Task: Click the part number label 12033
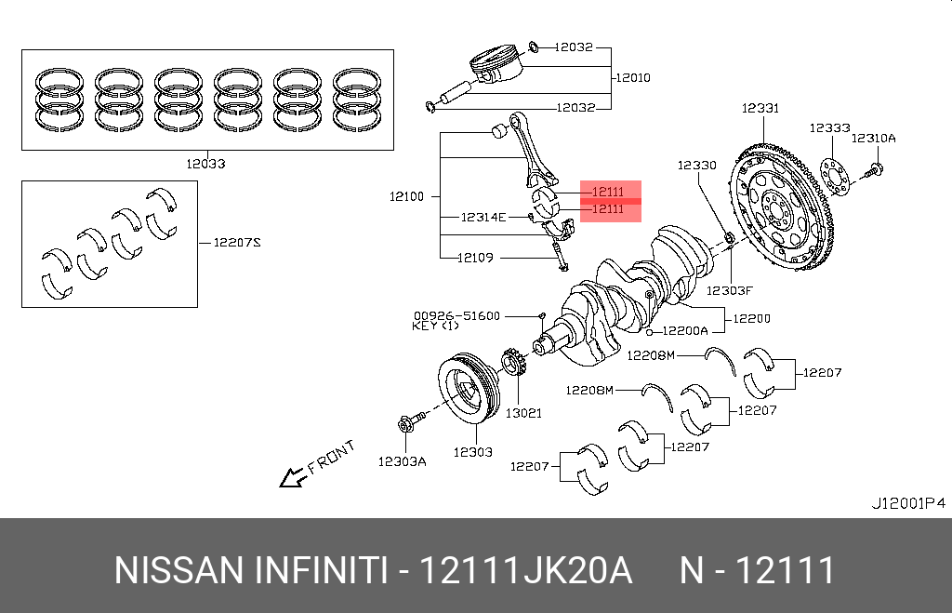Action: [x=205, y=164]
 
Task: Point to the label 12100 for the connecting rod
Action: [x=406, y=196]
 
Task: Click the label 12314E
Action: [x=483, y=217]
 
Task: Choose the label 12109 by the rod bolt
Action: [x=475, y=258]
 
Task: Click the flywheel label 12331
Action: [x=760, y=109]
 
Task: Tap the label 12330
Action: [x=696, y=166]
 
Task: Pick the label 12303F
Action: [x=729, y=290]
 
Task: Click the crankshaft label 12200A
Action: [x=686, y=330]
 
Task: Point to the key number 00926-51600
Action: [x=456, y=316]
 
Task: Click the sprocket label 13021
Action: [x=522, y=412]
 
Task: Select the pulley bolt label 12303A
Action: [x=402, y=460]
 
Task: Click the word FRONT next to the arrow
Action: [x=332, y=458]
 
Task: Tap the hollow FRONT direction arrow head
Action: [x=292, y=478]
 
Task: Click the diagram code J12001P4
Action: [x=907, y=503]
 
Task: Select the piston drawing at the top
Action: [x=493, y=67]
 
